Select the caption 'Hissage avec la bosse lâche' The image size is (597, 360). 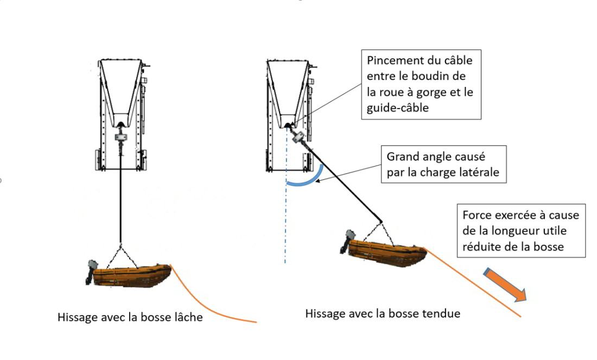[130, 317]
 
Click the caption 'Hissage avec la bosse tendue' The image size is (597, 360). [383, 313]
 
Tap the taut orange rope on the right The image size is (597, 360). [472, 282]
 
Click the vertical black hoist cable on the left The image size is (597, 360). [120, 201]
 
